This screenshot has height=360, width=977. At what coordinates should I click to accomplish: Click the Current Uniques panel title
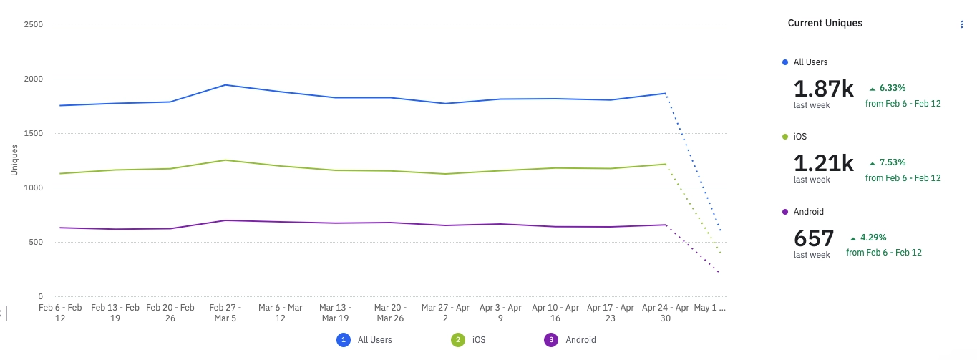pos(825,23)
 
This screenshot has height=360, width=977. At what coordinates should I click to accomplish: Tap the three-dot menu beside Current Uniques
pos(962,24)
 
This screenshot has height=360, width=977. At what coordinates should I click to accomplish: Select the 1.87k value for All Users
pos(823,89)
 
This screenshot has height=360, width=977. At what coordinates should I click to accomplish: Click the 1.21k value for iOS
pos(823,163)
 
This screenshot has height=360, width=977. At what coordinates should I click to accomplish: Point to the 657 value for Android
pos(814,238)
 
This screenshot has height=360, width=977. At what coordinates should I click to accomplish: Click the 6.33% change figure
pos(892,88)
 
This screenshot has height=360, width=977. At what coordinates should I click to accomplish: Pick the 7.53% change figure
pos(892,162)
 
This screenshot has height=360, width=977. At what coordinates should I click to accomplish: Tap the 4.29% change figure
pos(873,238)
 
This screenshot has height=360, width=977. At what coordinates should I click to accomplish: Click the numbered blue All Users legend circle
pos(344,340)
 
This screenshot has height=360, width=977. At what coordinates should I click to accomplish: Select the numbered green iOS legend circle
pos(457,340)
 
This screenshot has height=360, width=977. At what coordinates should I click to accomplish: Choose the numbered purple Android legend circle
pos(551,340)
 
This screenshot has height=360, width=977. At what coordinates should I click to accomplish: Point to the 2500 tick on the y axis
pos(34,25)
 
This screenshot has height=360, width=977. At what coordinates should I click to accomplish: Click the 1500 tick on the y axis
pos(34,133)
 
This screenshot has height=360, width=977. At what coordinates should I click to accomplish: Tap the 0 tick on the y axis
pos(40,296)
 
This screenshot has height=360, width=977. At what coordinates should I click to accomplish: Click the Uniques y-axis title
pos(14,160)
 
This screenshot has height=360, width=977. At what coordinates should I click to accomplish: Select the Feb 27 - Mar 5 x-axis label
pos(225,313)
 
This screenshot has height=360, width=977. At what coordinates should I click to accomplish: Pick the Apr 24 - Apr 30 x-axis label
pos(666,313)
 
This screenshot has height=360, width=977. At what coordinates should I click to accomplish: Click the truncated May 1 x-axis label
pos(711,308)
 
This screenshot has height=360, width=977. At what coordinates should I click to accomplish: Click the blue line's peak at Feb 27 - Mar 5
pos(225,85)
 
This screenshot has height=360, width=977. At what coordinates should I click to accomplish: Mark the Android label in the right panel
pos(808,212)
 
